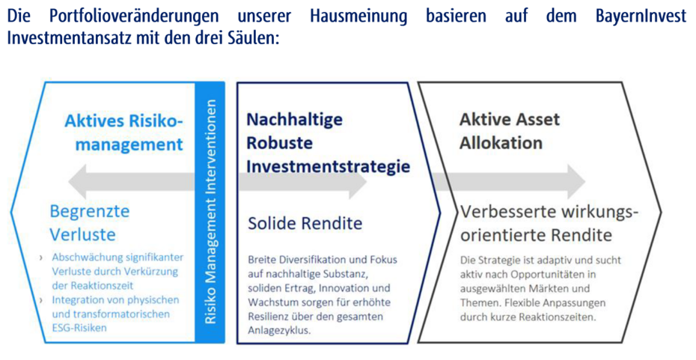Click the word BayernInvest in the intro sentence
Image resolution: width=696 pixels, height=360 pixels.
pyautogui.click(x=641, y=16)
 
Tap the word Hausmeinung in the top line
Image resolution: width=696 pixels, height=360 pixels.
pyautogui.click(x=358, y=16)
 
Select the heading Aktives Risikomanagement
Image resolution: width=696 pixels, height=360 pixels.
pyautogui.click(x=123, y=132)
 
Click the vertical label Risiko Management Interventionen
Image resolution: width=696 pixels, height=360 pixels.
pyautogui.click(x=210, y=212)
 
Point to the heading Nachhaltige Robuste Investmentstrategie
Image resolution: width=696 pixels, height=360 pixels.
pyautogui.click(x=329, y=143)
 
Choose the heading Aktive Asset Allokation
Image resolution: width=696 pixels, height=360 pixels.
pyautogui.click(x=510, y=132)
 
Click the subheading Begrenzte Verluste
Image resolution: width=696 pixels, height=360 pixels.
pyautogui.click(x=90, y=222)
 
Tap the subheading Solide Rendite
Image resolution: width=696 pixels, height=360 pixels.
pyautogui.click(x=305, y=223)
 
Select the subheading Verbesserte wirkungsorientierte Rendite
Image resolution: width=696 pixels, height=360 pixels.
pyautogui.click(x=549, y=223)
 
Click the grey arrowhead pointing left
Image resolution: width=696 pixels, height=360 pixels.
pyautogui.click(x=78, y=182)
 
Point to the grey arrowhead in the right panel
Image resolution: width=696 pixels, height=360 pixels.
pyautogui.click(x=576, y=182)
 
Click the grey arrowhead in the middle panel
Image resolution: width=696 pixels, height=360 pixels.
pyautogui.click(x=357, y=182)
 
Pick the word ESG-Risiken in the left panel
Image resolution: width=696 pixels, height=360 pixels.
pyautogui.click(x=79, y=328)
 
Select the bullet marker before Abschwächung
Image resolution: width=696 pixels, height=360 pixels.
pyautogui.click(x=41, y=257)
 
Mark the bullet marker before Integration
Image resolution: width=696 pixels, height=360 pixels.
pyautogui.click(x=41, y=301)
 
